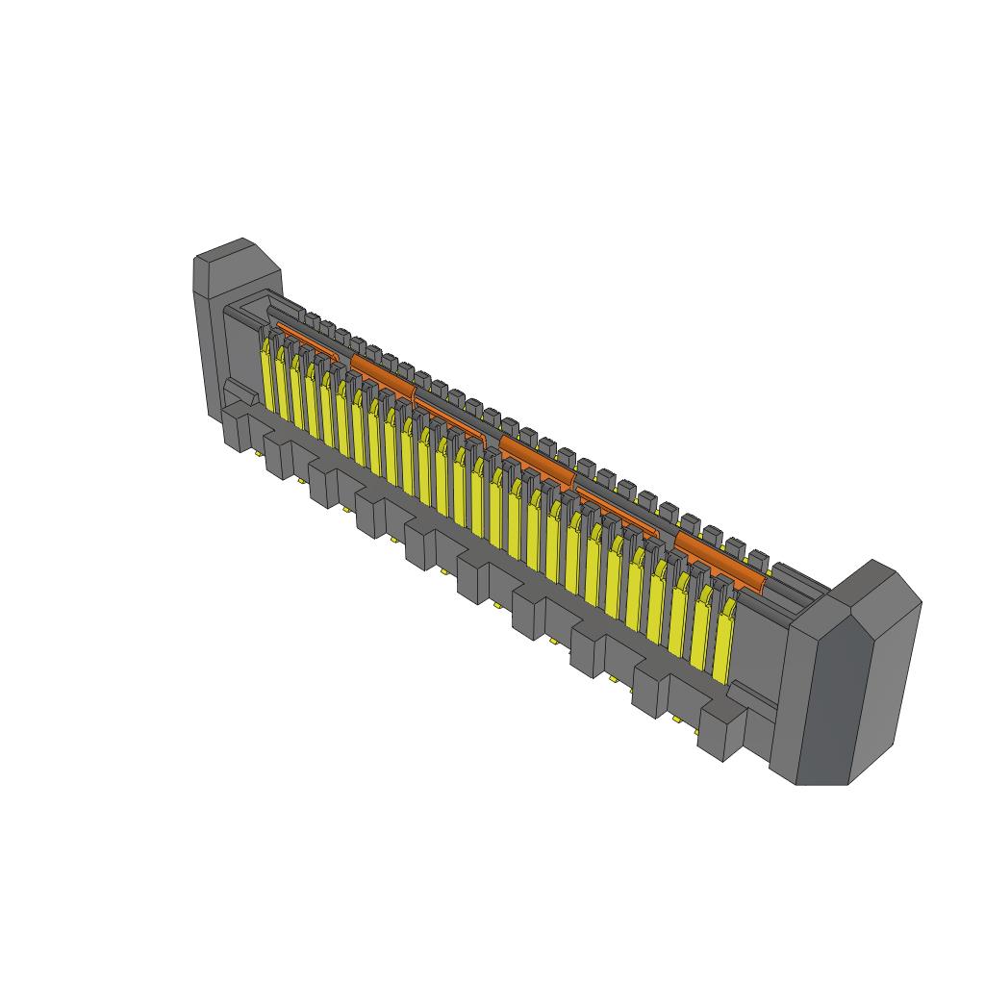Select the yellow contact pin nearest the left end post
[267, 376]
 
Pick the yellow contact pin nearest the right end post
[723, 644]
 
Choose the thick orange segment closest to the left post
[382, 374]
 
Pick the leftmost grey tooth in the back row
[312, 316]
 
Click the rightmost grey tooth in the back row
[758, 558]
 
